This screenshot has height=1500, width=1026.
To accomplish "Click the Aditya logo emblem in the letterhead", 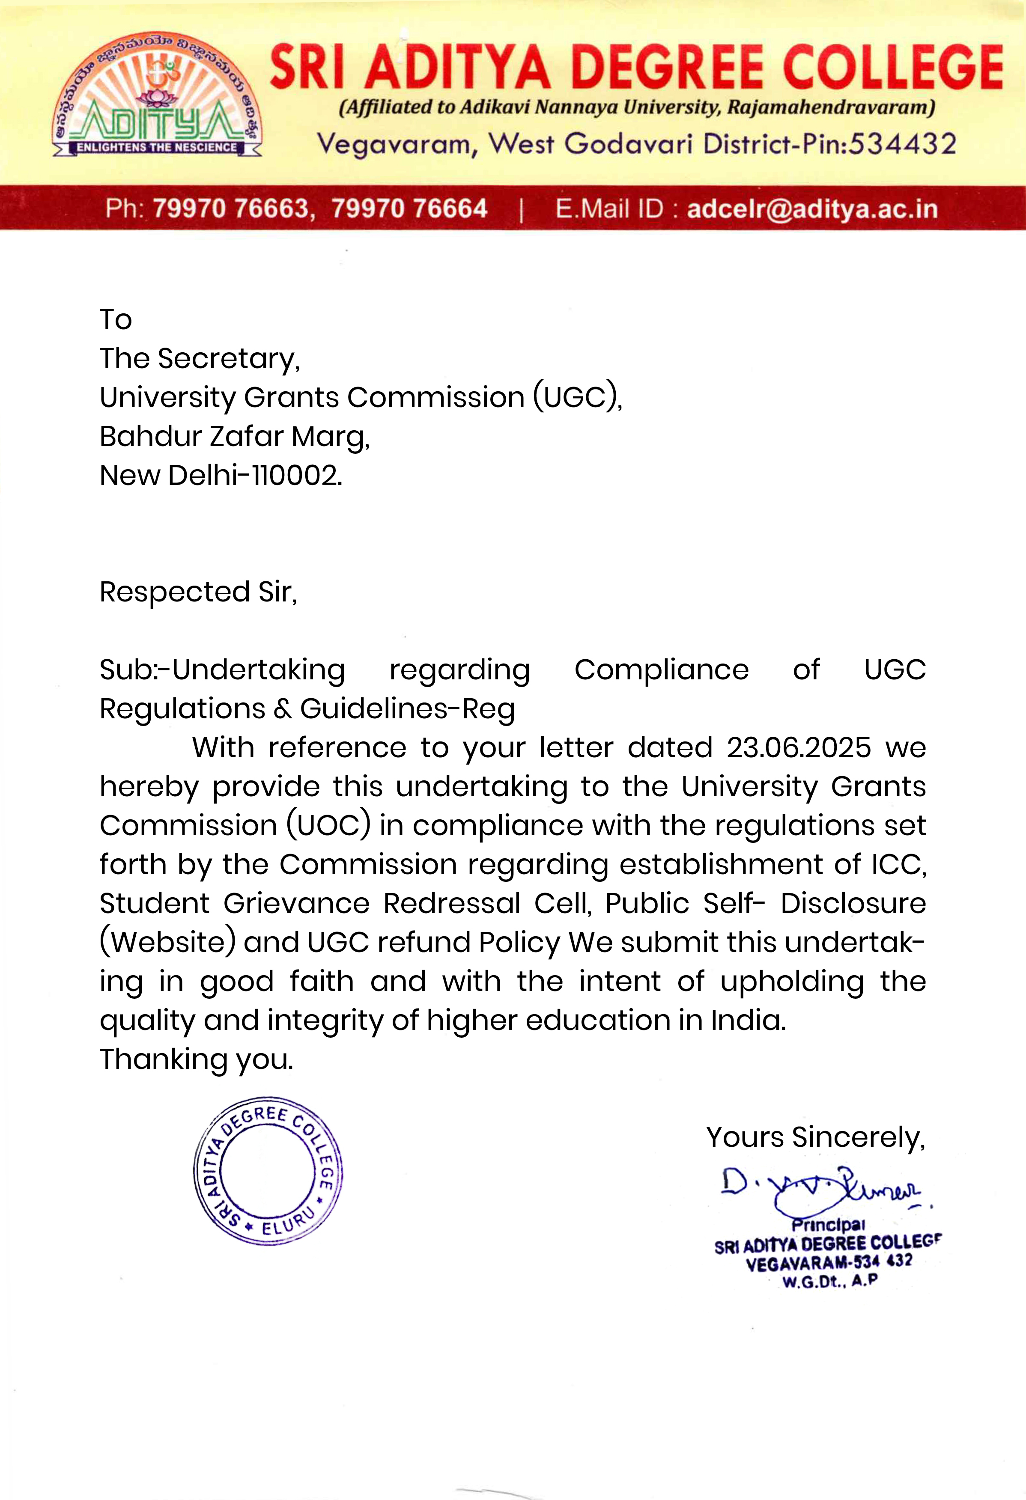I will (x=157, y=95).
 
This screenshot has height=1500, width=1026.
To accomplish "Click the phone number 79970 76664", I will (x=409, y=208).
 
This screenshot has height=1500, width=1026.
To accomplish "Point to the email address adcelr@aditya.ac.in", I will (x=811, y=208).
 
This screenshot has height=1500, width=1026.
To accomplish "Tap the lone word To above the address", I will (x=116, y=319).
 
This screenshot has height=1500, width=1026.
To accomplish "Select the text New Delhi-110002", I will (x=221, y=476).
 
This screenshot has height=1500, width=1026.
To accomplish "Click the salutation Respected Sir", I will (x=197, y=592).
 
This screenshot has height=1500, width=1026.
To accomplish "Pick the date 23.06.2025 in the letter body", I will (x=799, y=747).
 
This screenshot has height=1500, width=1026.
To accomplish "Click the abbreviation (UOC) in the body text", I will (x=329, y=825).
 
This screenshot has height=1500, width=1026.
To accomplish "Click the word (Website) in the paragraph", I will (x=167, y=942).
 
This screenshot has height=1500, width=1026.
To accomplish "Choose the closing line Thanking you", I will (x=196, y=1059).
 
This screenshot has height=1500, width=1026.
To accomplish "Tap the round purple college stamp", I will (x=268, y=1171).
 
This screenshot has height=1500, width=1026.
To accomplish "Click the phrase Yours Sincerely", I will (x=815, y=1137).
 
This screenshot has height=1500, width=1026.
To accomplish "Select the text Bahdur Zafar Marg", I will (x=234, y=436).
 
